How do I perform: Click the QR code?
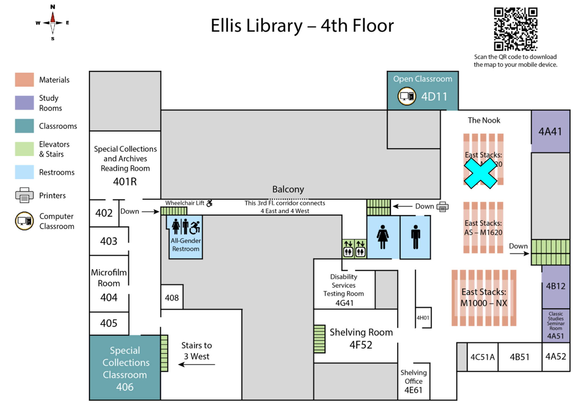[x=515, y=29]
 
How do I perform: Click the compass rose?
[x=53, y=23]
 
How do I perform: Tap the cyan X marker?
[x=480, y=173]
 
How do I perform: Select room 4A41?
[x=550, y=132]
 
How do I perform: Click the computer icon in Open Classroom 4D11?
[x=407, y=96]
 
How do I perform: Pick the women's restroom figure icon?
[x=383, y=237]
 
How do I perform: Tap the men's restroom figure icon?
[x=416, y=237]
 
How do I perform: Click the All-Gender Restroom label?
[x=186, y=244]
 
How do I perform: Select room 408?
[x=172, y=298]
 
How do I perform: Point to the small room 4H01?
[x=423, y=318]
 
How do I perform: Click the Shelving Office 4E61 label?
[x=413, y=381]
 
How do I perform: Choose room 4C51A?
[x=482, y=357]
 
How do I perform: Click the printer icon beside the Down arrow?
[x=443, y=207]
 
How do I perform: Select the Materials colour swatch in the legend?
[x=24, y=80]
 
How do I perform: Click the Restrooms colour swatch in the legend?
[x=24, y=172]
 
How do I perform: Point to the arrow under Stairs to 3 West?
[x=196, y=364]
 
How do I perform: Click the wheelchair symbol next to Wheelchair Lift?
[x=209, y=203]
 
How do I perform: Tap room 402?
[x=104, y=213]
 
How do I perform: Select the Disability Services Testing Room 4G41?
[x=344, y=289]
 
